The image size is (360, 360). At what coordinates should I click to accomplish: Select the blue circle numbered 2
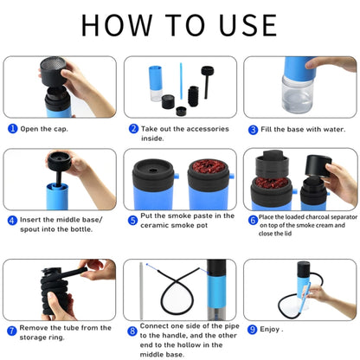point(133,128)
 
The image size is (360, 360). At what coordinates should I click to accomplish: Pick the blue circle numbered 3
point(254,130)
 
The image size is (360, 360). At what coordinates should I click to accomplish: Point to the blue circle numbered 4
point(13,220)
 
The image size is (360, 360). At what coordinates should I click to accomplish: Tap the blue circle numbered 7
point(12,330)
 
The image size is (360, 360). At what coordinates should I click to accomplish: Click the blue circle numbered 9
point(253,329)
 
